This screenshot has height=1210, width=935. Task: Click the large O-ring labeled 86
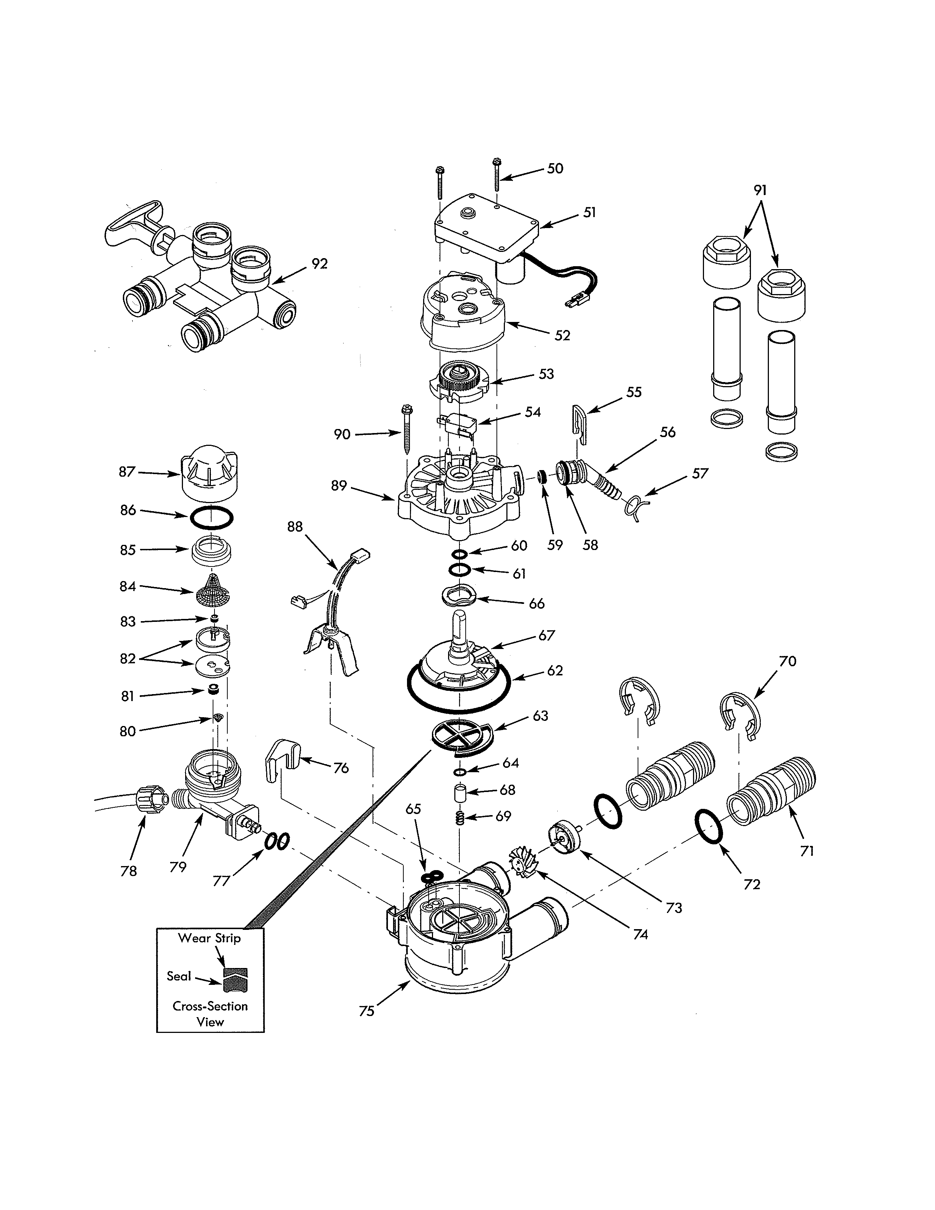click(212, 518)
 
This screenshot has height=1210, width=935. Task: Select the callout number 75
click(366, 1011)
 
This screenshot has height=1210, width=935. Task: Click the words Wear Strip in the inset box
click(209, 938)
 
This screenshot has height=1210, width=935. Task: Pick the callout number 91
click(760, 190)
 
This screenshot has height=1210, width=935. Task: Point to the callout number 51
click(589, 213)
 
